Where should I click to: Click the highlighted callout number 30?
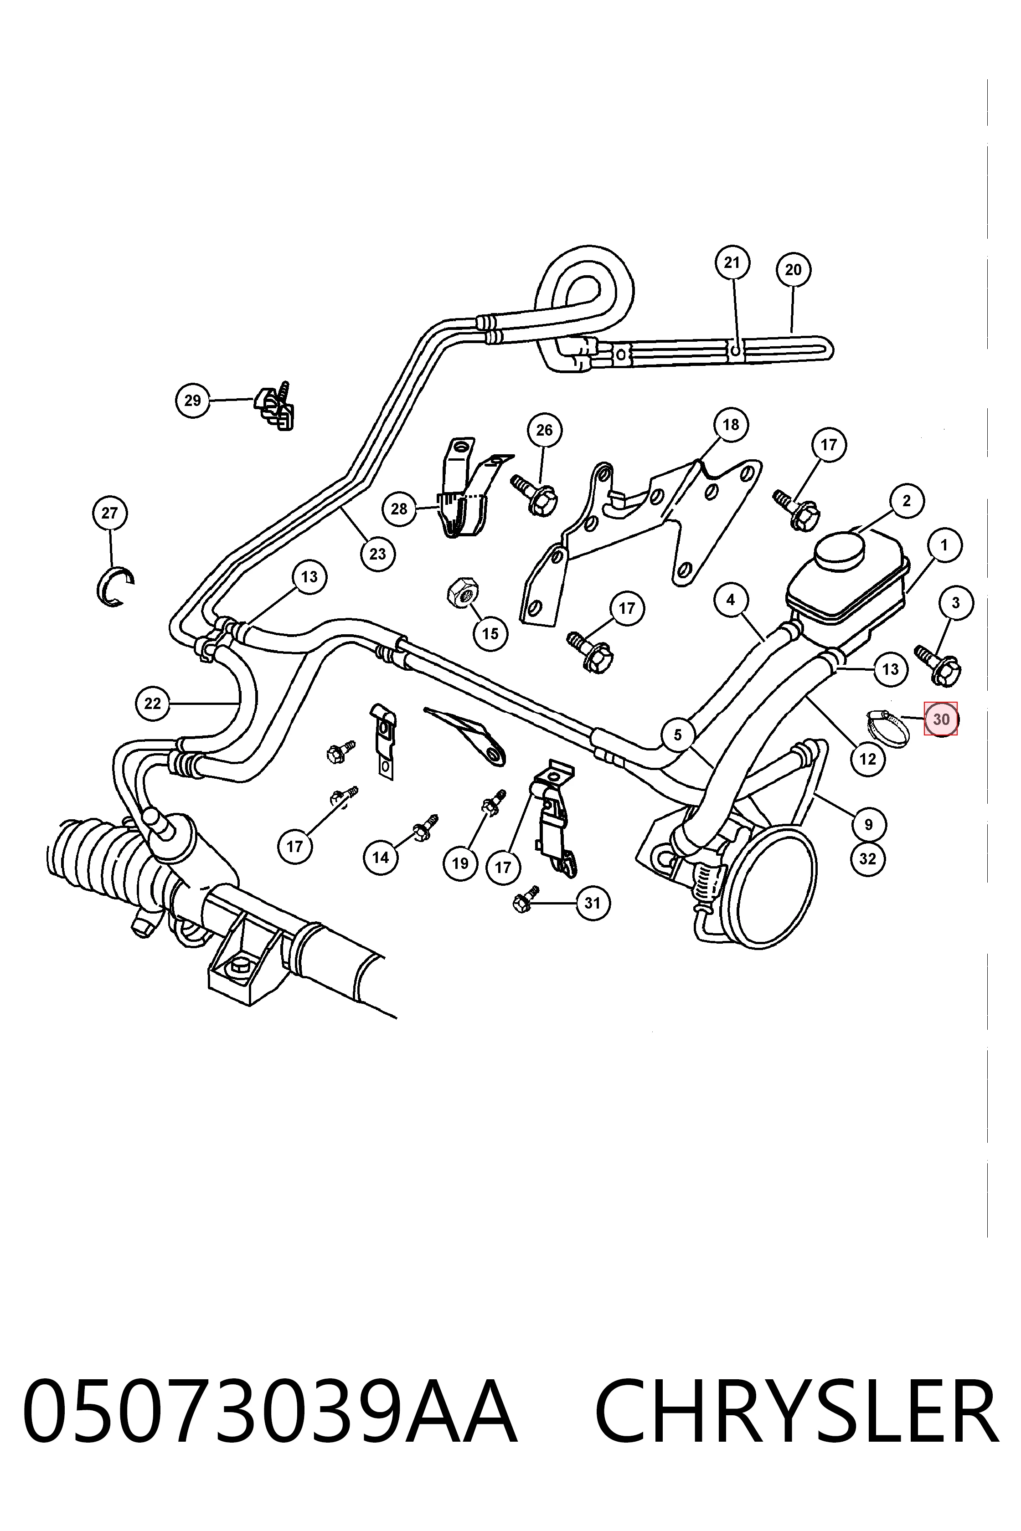pyautogui.click(x=941, y=719)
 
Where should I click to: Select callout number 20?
pyautogui.click(x=793, y=269)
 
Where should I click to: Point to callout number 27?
pyautogui.click(x=109, y=513)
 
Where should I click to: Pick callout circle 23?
pyautogui.click(x=378, y=554)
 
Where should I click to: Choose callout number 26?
pyautogui.click(x=544, y=430)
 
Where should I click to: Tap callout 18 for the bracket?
pyautogui.click(x=731, y=424)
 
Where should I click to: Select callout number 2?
pyautogui.click(x=907, y=501)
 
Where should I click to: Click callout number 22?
pyautogui.click(x=152, y=704)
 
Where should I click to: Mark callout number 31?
pyautogui.click(x=592, y=903)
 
